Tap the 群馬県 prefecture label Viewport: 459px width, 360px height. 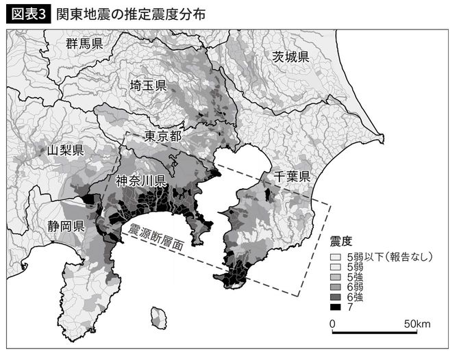(84, 44)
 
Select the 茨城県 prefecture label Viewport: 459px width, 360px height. (290, 56)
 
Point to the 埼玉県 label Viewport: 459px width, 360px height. (149, 86)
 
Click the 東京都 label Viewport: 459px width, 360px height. (163, 136)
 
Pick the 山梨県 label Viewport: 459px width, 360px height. (66, 150)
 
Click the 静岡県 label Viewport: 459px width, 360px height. (66, 226)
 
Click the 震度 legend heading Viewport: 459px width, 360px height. (340, 241)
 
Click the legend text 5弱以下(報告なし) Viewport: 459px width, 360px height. (389, 257)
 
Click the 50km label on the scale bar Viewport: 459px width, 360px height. (417, 323)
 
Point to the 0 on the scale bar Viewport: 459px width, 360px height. (332, 323)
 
